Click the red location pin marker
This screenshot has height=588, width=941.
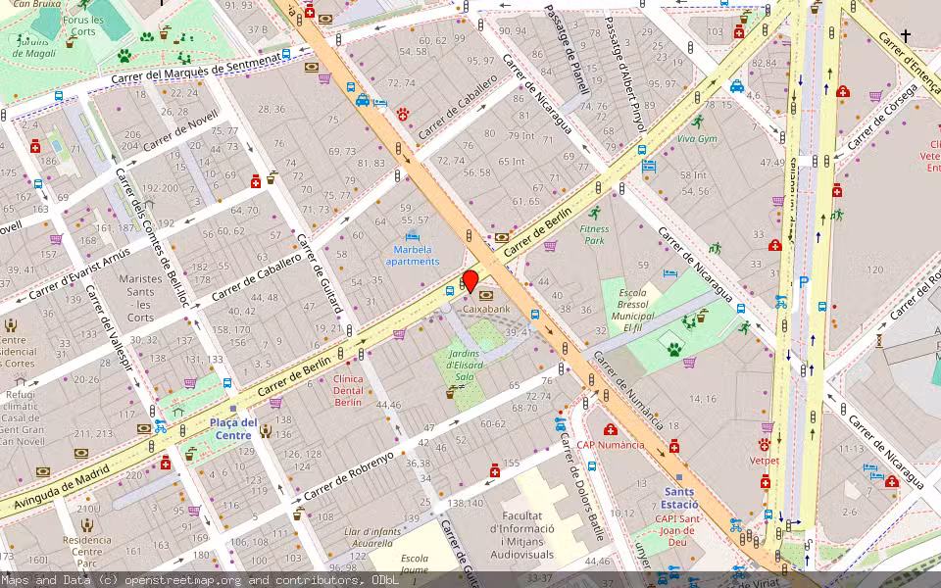click(x=470, y=282)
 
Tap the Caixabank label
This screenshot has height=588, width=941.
click(x=486, y=309)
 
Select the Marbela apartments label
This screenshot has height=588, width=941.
click(x=412, y=255)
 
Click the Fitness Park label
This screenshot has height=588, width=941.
click(x=595, y=234)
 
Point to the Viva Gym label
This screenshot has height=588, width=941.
click(x=697, y=138)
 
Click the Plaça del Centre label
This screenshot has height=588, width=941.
click(x=233, y=428)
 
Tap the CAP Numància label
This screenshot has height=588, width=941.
click(x=611, y=444)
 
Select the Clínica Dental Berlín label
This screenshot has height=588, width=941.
click(x=348, y=390)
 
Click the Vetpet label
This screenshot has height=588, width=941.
click(x=764, y=460)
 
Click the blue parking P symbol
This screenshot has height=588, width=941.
click(x=804, y=282)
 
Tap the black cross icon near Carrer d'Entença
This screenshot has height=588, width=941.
click(x=905, y=36)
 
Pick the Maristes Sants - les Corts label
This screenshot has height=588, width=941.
click(x=140, y=298)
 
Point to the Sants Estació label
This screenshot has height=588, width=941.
click(x=679, y=498)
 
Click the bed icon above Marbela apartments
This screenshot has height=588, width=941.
click(x=412, y=237)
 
